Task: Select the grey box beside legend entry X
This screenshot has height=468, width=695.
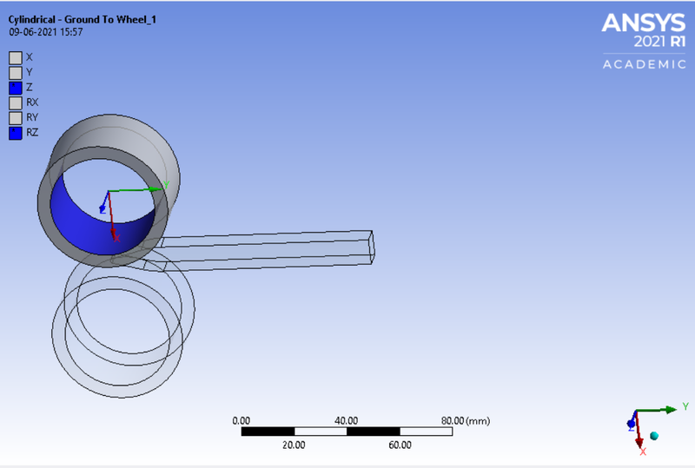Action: pyautogui.click(x=15, y=57)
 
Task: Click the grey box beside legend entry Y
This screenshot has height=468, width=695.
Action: pyautogui.click(x=15, y=72)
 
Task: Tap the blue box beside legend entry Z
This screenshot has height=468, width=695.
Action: pyautogui.click(x=15, y=87)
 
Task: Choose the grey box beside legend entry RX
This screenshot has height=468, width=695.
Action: pyautogui.click(x=15, y=102)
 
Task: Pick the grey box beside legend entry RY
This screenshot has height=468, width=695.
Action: pyautogui.click(x=15, y=117)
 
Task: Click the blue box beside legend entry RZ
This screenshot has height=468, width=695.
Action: pyautogui.click(x=15, y=133)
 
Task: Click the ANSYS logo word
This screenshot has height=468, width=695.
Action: pyautogui.click(x=644, y=23)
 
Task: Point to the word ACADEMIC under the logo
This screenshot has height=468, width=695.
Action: pyautogui.click(x=644, y=64)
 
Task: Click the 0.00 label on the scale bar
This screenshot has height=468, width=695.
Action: pyautogui.click(x=242, y=420)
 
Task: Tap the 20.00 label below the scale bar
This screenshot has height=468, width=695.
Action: pyautogui.click(x=295, y=445)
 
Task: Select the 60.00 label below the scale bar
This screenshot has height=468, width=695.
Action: pyautogui.click(x=400, y=445)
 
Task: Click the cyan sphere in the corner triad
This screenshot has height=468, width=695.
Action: pyautogui.click(x=654, y=435)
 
